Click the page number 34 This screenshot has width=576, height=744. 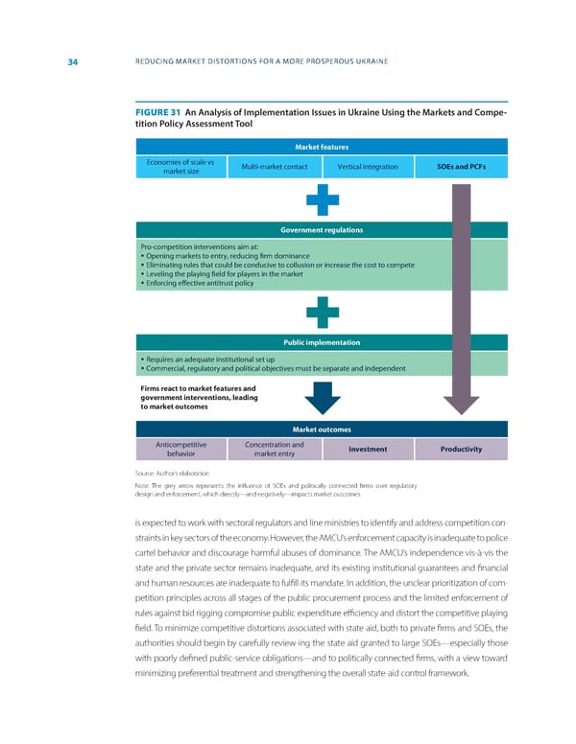point(72,63)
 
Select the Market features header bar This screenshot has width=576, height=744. point(321,147)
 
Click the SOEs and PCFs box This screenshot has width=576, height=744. point(458,167)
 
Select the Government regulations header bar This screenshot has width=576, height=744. point(321,230)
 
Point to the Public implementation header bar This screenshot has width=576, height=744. point(321,341)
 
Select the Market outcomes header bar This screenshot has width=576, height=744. point(321,429)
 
